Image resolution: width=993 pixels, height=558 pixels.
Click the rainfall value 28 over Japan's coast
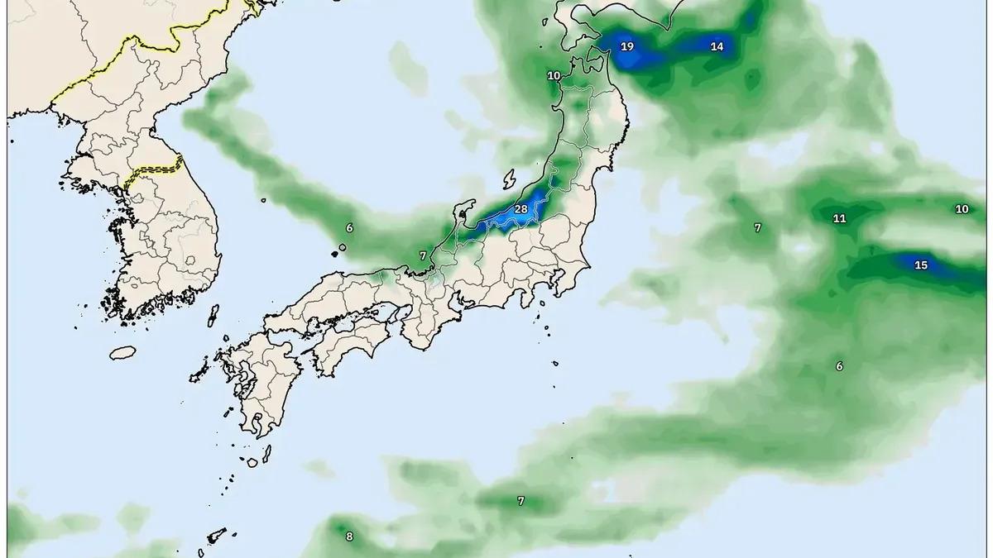[520, 209]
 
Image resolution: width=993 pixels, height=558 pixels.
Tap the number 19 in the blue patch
[627, 46]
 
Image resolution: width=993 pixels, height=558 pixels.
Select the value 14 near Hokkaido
[717, 47]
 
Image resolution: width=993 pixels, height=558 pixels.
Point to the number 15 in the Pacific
[921, 265]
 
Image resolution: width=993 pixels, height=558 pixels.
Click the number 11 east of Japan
[839, 219]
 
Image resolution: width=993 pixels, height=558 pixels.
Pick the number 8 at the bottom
[349, 537]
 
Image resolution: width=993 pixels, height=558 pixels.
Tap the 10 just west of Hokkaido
[554, 76]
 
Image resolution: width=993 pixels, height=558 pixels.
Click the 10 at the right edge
[962, 209]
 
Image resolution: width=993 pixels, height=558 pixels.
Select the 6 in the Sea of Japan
[349, 227]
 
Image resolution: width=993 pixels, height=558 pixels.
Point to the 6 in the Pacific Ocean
[839, 366]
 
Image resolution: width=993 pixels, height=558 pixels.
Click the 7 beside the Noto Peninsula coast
[423, 256]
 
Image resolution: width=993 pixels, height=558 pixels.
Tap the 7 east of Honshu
[757, 227]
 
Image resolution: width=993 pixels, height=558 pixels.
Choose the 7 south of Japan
[520, 501]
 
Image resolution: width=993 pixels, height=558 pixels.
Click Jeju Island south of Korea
[122, 353]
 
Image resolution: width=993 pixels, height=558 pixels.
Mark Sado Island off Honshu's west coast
[510, 179]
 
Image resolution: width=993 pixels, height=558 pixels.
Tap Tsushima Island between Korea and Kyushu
[213, 315]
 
